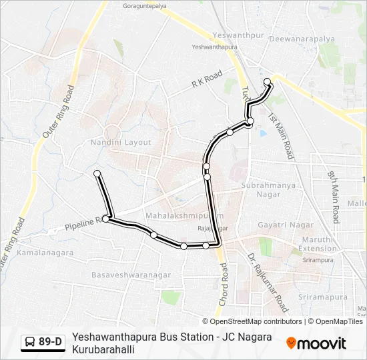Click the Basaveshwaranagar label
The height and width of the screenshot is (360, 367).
click(131, 275)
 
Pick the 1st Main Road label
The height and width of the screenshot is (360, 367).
click(281, 136)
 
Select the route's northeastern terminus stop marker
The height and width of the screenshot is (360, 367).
click(268, 82)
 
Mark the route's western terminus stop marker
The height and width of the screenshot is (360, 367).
click(97, 174)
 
